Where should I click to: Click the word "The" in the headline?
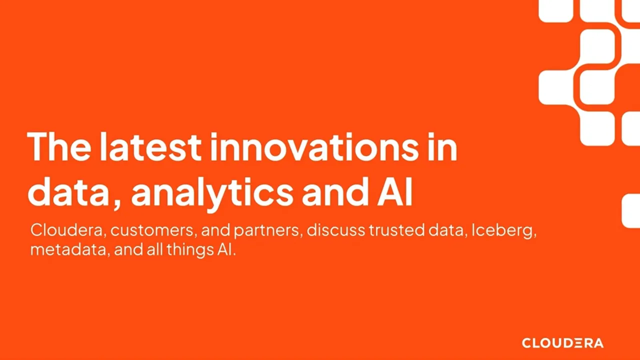click(58, 146)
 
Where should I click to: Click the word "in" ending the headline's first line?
click(442, 146)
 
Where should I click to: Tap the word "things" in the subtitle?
click(182, 250)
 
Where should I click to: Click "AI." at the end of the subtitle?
click(226, 249)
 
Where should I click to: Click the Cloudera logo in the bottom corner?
click(562, 343)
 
